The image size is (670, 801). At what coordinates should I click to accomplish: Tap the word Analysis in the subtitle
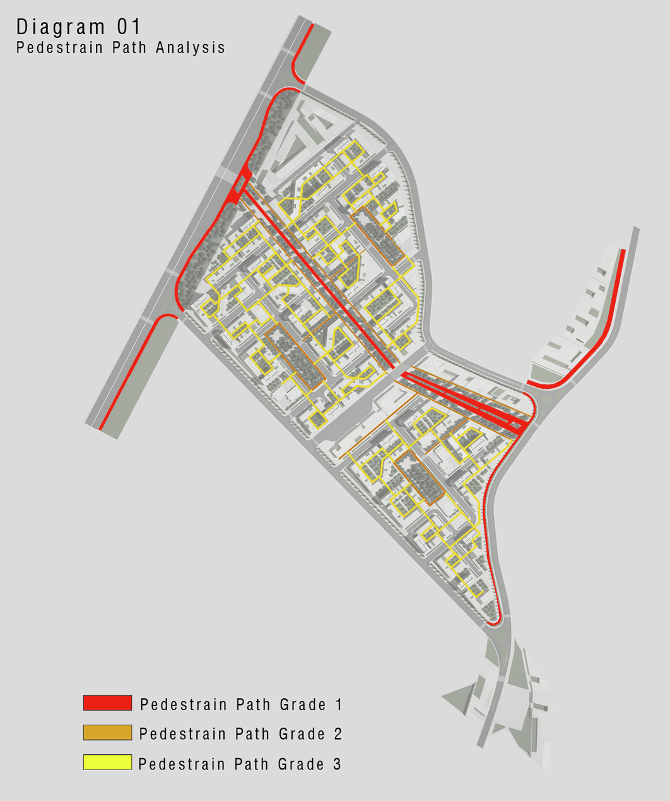[x=191, y=48]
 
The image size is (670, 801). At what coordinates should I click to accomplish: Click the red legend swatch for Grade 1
[x=107, y=703]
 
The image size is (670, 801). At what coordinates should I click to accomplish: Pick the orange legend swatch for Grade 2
[x=107, y=732]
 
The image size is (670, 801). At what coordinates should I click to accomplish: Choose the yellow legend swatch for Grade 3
[x=107, y=762]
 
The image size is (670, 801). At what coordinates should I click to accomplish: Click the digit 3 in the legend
[x=337, y=764]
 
